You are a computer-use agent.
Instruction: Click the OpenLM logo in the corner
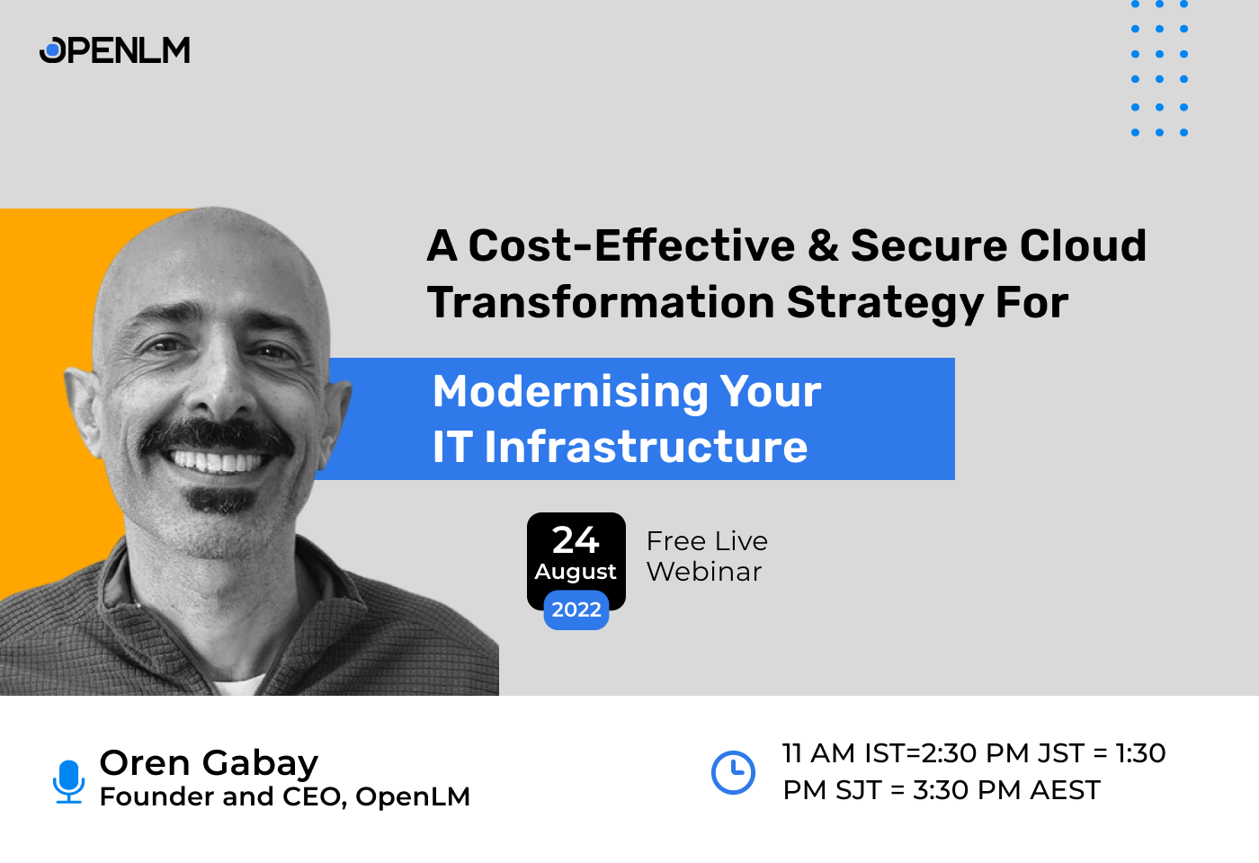(x=114, y=50)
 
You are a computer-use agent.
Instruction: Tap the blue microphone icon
(x=68, y=780)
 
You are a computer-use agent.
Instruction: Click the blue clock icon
(x=733, y=772)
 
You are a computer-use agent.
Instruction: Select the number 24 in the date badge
(x=576, y=540)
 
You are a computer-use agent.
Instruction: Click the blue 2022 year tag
(x=576, y=610)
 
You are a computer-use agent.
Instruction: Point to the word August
(x=576, y=572)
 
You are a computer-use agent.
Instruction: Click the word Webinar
(x=704, y=572)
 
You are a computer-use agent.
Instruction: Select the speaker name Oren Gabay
(x=209, y=762)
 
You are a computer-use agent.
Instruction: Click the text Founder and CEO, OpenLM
(x=284, y=796)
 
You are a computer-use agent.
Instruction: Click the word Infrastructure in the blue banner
(x=646, y=448)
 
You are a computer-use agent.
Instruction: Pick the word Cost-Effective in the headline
(x=631, y=246)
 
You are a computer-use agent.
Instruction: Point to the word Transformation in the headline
(x=601, y=303)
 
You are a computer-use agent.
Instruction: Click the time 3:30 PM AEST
(x=1006, y=790)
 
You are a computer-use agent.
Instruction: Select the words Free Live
(x=707, y=541)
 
